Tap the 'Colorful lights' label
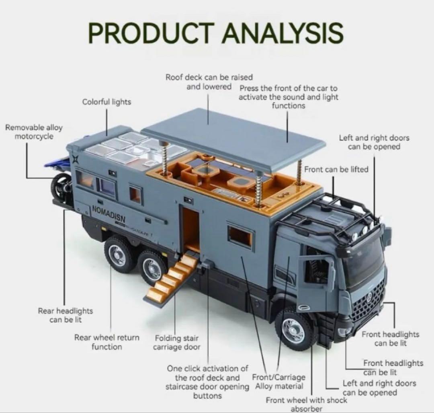[106, 102]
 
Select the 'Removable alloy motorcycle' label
[34, 132]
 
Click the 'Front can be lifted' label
[336, 169]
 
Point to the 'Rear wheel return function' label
[106, 342]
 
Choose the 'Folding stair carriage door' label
[176, 343]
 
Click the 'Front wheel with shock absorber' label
[306, 404]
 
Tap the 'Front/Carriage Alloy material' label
[278, 382]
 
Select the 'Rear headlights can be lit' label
[66, 315]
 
